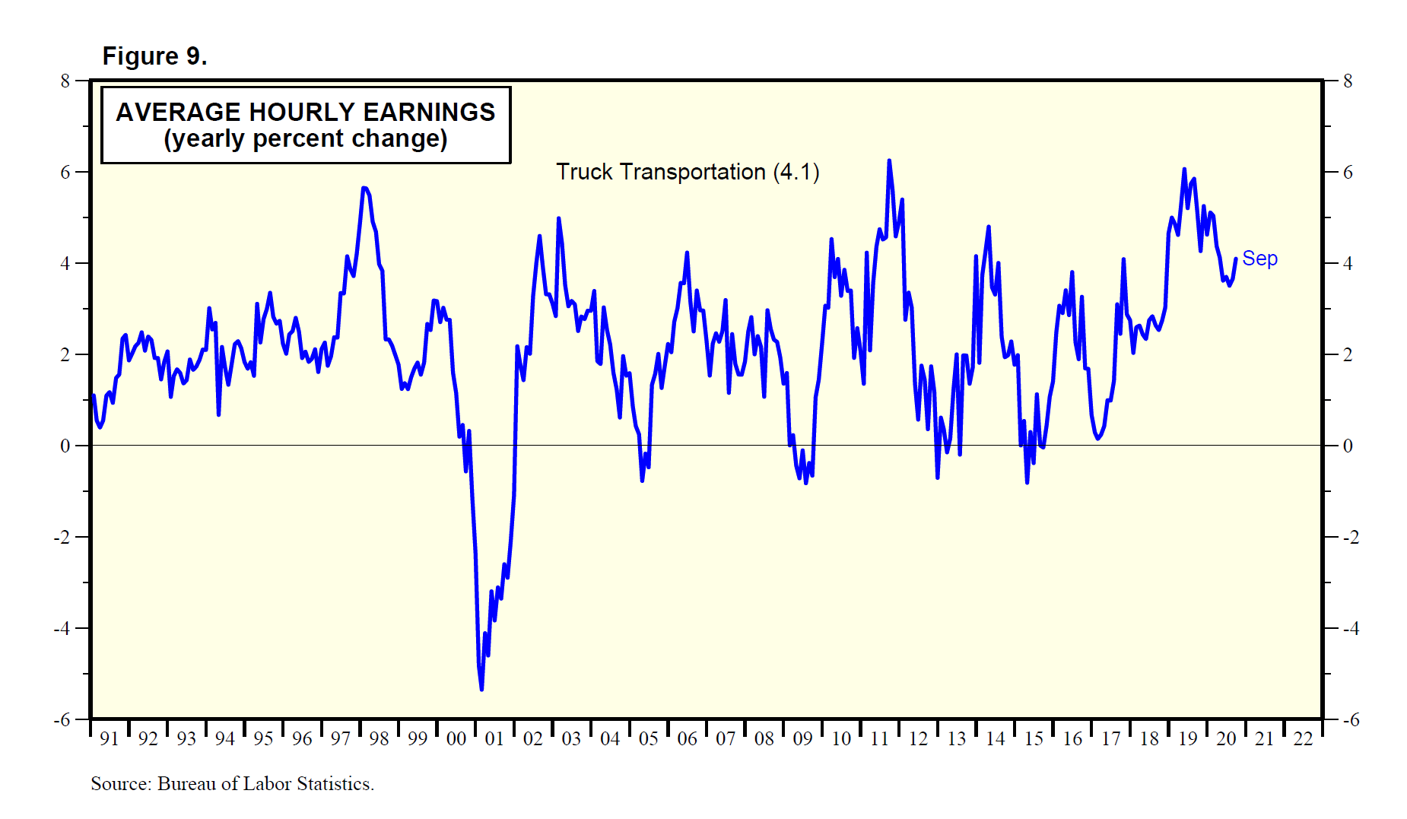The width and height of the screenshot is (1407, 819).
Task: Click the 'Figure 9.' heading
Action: pyautogui.click(x=154, y=56)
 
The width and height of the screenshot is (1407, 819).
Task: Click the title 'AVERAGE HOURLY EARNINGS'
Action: pyautogui.click(x=305, y=112)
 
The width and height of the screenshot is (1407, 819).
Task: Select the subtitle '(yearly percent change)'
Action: pyautogui.click(x=305, y=139)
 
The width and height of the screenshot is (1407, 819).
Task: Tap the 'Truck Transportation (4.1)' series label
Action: pyautogui.click(x=688, y=172)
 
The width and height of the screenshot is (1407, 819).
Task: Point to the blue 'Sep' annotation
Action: pyautogui.click(x=1259, y=259)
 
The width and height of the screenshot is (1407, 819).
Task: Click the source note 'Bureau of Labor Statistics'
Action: pyautogui.click(x=265, y=784)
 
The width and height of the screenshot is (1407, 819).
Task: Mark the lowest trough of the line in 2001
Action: pyautogui.click(x=481, y=689)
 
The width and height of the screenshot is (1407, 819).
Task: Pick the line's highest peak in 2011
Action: pyautogui.click(x=889, y=160)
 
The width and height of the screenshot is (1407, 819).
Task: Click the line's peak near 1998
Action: pyautogui.click(x=364, y=187)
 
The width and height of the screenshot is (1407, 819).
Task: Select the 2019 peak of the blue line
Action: pyautogui.click(x=1184, y=169)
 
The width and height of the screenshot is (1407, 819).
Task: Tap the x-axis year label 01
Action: pyautogui.click(x=494, y=738)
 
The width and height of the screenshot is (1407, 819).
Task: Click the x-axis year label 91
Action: pyautogui.click(x=109, y=738)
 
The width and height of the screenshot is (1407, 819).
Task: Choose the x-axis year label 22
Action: pyautogui.click(x=1303, y=738)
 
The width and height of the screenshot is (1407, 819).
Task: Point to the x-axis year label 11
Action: pyautogui.click(x=879, y=738)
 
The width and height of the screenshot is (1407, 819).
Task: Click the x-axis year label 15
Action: pyautogui.click(x=1034, y=738)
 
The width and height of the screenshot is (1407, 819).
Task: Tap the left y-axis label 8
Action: pyautogui.click(x=65, y=81)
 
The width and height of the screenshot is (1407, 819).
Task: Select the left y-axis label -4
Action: pyautogui.click(x=62, y=628)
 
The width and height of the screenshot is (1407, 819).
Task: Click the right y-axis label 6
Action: pyautogui.click(x=1348, y=172)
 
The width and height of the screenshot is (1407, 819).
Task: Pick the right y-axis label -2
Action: pyautogui.click(x=1351, y=537)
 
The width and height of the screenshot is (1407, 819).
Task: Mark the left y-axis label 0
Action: pyautogui.click(x=65, y=446)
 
